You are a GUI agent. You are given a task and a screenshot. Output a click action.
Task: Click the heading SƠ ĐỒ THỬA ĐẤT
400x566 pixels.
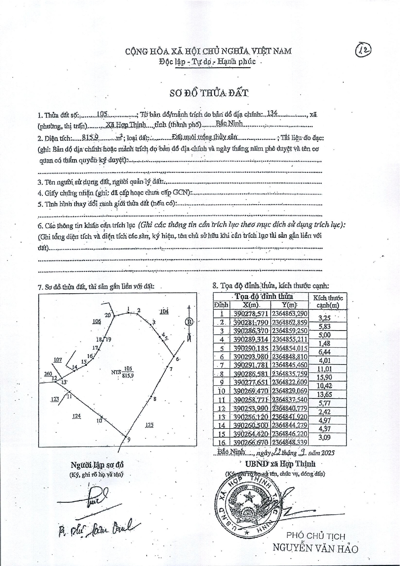click(209, 93)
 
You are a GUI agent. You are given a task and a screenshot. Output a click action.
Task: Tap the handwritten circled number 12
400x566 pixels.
click(363, 50)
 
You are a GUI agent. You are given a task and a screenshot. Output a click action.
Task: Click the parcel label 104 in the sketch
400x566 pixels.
click(164, 311)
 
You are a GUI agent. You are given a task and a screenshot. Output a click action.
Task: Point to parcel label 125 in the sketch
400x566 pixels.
click(149, 425)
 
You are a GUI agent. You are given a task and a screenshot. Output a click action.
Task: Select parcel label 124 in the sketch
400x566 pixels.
click(76, 416)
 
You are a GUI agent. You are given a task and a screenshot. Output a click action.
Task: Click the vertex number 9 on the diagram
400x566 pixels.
click(129, 440)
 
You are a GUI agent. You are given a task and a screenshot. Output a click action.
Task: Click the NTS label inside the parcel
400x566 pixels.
click(116, 372)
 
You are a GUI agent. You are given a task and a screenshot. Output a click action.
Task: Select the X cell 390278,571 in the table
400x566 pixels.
click(251, 314)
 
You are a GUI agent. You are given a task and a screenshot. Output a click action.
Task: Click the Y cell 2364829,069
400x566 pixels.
click(289, 391)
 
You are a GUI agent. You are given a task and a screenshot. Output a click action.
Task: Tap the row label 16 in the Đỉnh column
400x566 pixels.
click(221, 442)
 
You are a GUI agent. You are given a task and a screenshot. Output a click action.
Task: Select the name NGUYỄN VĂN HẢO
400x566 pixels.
click(316, 548)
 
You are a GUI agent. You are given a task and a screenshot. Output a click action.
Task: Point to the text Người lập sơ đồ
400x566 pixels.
click(97, 465)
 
